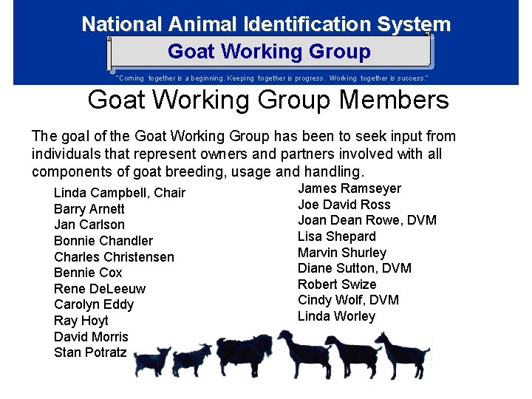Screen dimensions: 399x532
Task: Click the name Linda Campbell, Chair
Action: (120, 193)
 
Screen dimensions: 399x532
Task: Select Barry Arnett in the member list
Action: (89, 209)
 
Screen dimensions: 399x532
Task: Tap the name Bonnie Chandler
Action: (103, 241)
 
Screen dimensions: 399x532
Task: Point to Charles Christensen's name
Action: (114, 257)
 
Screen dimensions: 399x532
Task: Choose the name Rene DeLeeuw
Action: (100, 289)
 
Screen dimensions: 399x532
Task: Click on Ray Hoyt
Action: (81, 321)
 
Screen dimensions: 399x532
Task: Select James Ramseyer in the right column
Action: (349, 188)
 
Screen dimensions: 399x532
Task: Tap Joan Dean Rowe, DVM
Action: (367, 220)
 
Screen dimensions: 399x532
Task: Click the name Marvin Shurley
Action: (342, 253)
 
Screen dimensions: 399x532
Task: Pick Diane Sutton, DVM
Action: (355, 268)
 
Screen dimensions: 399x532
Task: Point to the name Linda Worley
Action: (336, 316)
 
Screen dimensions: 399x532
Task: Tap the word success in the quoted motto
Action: (409, 78)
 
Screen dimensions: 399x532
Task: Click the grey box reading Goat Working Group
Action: (269, 52)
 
